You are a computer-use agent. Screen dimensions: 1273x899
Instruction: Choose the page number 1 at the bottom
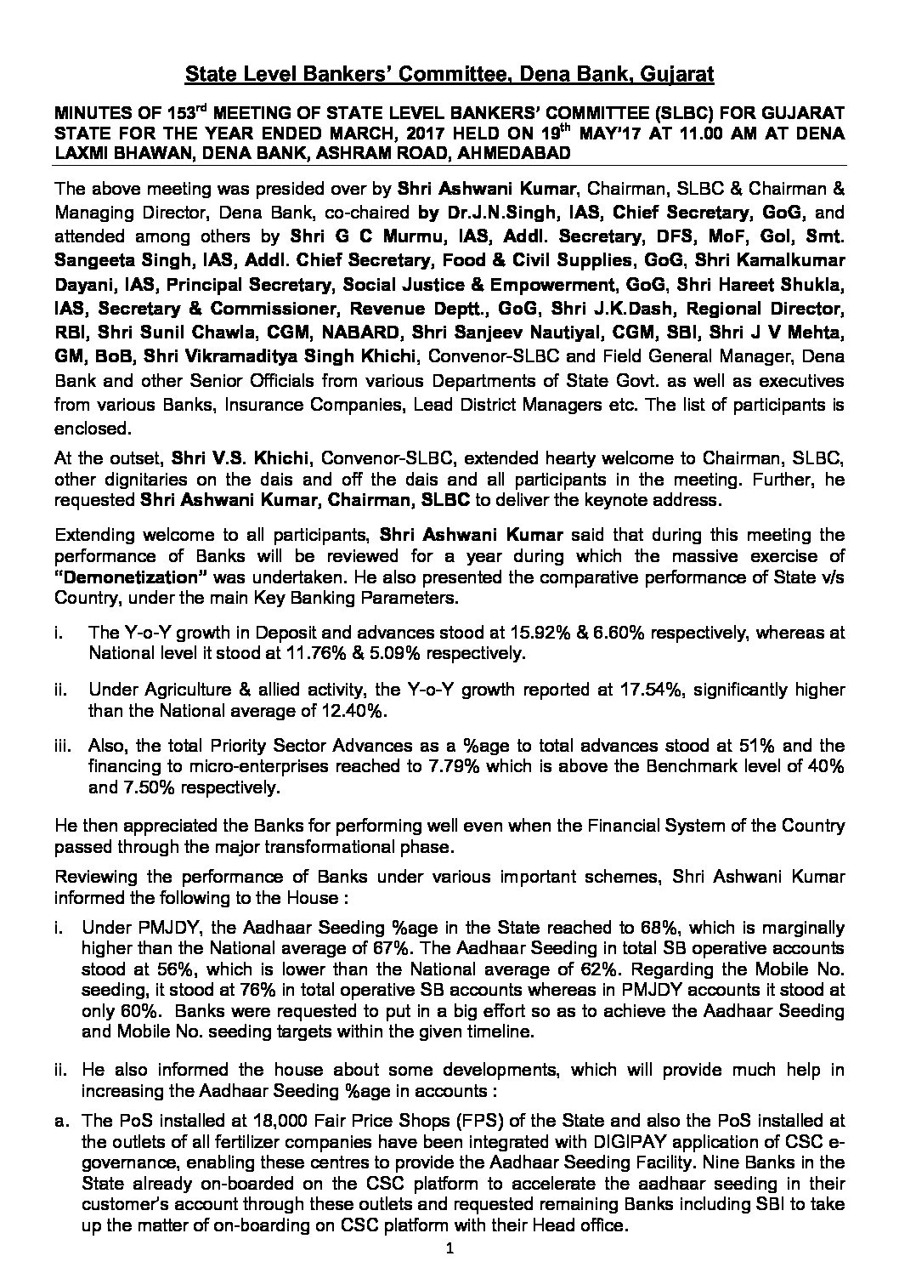[x=450, y=1249]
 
